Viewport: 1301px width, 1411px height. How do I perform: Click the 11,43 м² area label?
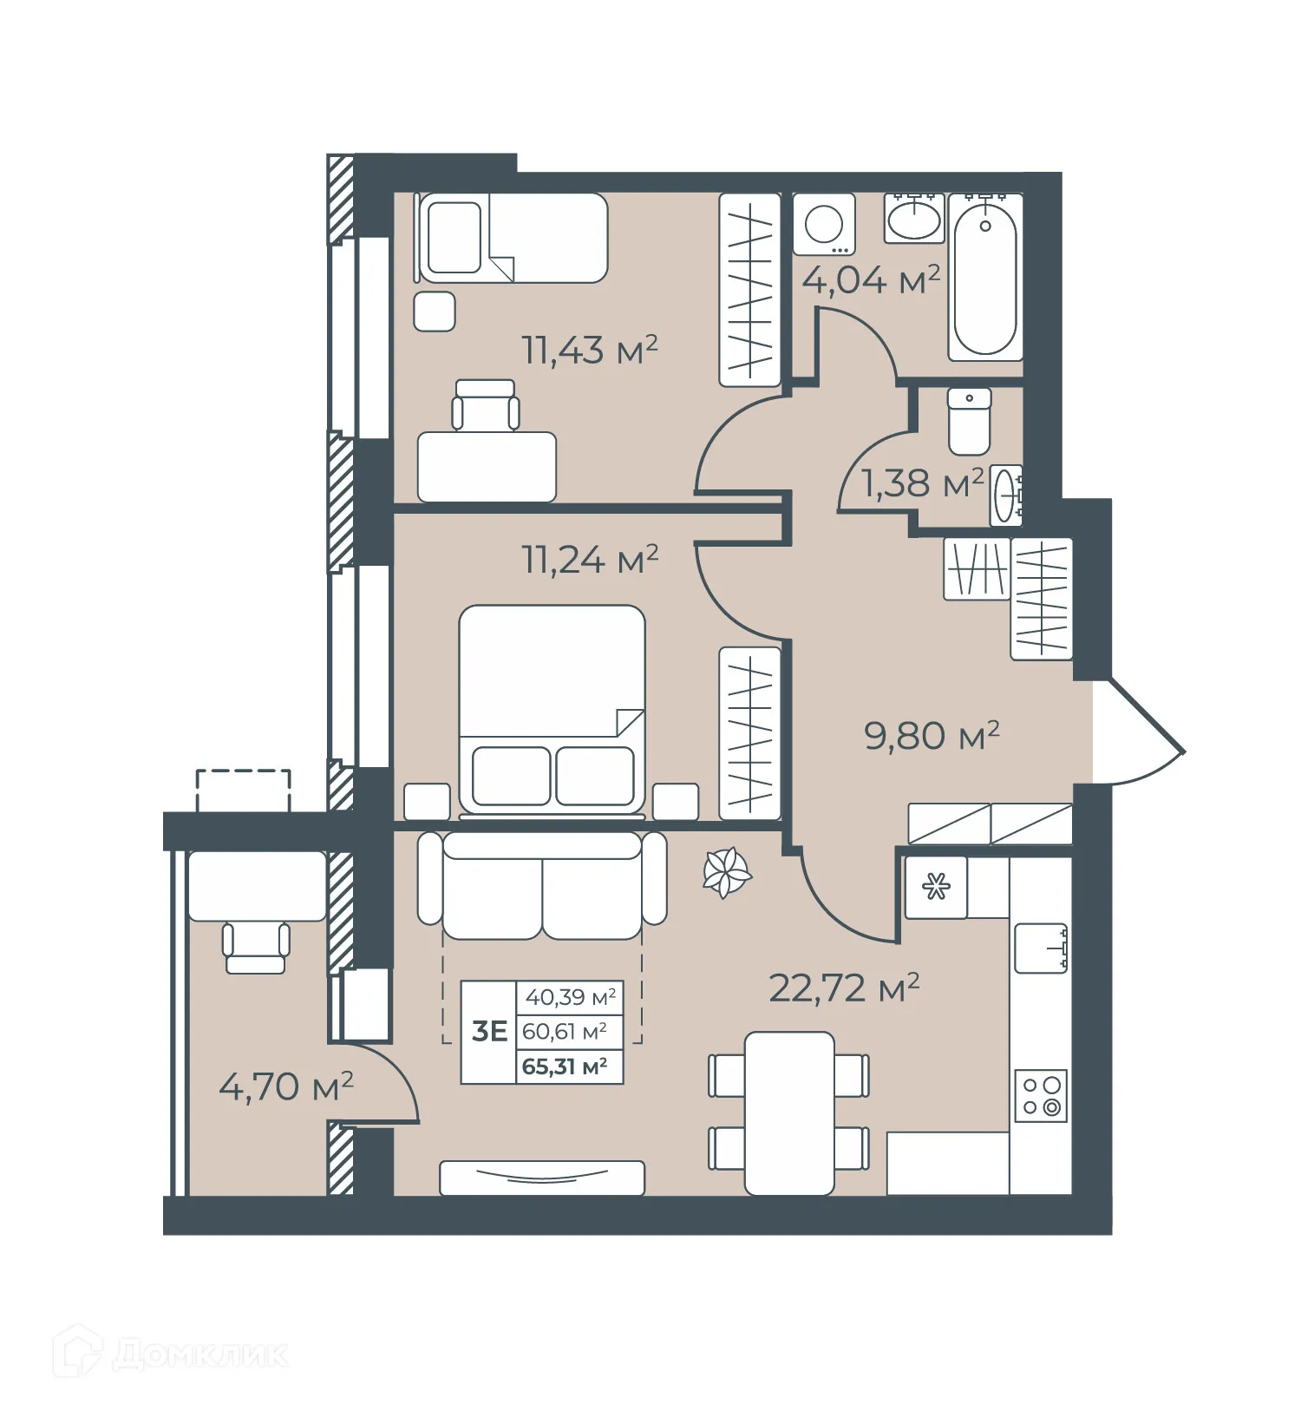coord(589,351)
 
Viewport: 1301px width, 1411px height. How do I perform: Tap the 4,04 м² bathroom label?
coord(870,280)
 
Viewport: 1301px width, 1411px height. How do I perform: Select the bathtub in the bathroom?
coord(984,276)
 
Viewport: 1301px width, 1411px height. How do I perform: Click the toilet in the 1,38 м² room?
coord(969,422)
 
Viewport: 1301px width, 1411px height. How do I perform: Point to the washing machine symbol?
coord(823,225)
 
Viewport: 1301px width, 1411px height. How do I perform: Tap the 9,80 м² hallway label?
coord(932,736)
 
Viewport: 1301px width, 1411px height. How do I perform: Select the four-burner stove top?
coord(1040,1095)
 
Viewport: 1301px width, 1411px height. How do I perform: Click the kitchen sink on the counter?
coord(1040,948)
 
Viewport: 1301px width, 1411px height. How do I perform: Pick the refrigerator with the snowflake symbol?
coord(936,887)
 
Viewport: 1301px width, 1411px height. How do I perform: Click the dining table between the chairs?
coord(788,1112)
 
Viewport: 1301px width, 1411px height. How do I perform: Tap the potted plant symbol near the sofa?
coord(725,872)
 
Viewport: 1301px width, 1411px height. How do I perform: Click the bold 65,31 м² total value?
coord(564,1066)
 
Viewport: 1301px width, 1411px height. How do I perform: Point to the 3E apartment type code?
coord(489,1031)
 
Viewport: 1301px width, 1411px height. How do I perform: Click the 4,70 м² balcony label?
coord(285,1086)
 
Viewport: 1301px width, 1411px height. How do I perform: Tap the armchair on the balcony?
coord(255,948)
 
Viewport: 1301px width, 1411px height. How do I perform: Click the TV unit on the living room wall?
coord(541,1178)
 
